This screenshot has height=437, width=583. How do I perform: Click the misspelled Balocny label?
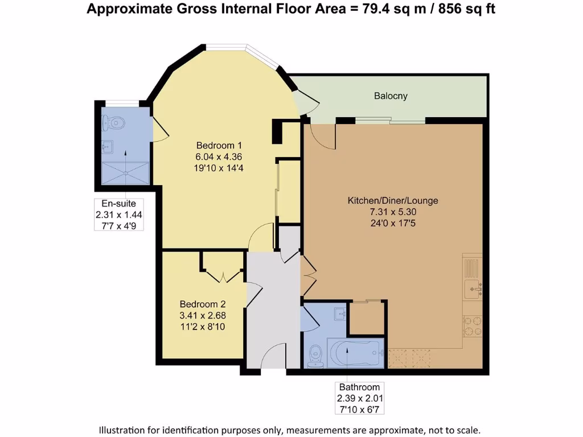(391, 96)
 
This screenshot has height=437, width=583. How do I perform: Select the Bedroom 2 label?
(203, 304)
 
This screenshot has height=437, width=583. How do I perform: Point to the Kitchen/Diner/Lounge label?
(393, 201)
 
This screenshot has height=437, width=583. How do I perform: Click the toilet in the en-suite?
(113, 123)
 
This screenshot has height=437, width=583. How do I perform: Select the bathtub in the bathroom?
(355, 353)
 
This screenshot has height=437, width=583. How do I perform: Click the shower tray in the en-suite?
(126, 173)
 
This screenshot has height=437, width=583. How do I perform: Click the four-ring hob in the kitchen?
(473, 326)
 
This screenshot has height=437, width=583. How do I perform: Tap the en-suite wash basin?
(108, 147)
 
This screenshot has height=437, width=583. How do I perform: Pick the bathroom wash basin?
(340, 314)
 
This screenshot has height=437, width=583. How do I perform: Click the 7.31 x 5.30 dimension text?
(393, 212)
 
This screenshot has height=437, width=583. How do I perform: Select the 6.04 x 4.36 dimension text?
(219, 157)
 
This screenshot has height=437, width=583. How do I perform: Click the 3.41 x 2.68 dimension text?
(203, 315)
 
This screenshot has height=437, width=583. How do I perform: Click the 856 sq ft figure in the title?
(467, 9)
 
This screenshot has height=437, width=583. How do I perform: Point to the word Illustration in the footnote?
(121, 430)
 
